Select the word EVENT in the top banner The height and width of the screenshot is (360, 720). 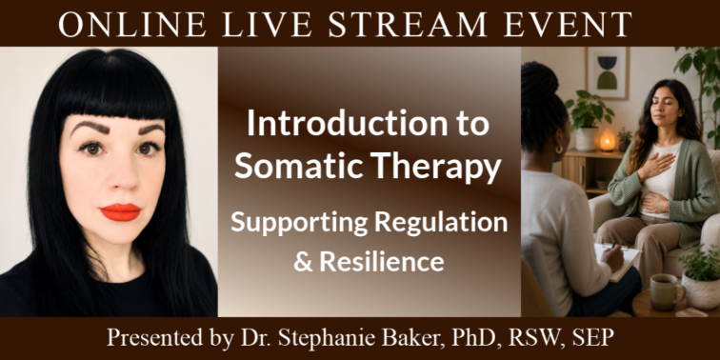(x=568, y=24)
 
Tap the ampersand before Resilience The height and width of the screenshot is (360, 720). (x=304, y=262)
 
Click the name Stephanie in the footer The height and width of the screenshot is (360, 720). (x=319, y=339)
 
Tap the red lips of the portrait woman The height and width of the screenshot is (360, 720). (x=120, y=212)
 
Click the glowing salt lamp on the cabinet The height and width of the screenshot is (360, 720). (x=607, y=140)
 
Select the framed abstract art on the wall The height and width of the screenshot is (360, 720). (x=607, y=73)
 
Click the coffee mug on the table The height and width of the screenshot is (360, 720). (x=663, y=292)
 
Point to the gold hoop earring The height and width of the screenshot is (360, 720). (x=560, y=150)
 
